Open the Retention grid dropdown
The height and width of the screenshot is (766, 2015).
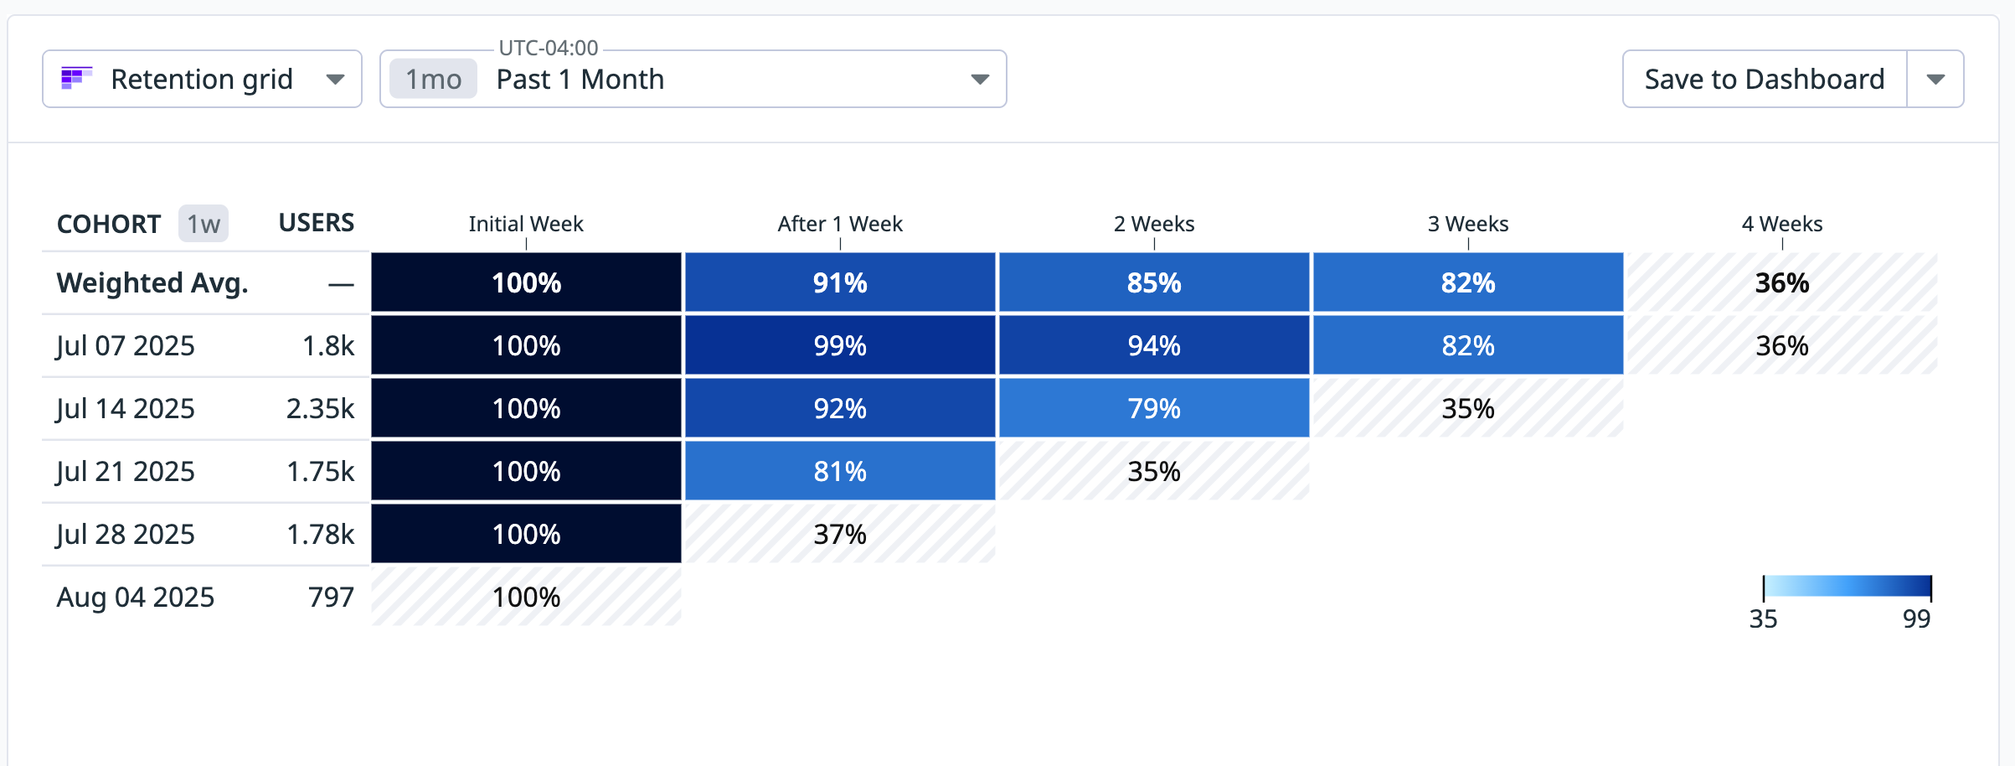(202, 79)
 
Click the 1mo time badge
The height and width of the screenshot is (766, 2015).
(433, 79)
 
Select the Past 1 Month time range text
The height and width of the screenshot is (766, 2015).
(580, 79)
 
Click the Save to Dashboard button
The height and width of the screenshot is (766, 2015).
(1764, 79)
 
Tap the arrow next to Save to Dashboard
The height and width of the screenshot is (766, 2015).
(1935, 79)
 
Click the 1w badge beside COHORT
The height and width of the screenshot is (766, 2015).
(203, 224)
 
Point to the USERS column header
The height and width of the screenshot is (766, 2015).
(316, 223)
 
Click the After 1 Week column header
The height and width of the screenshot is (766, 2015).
(839, 224)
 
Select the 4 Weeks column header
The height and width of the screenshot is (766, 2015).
(1781, 224)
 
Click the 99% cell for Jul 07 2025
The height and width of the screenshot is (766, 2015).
(839, 345)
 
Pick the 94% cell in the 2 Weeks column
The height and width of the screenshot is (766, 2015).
(1153, 345)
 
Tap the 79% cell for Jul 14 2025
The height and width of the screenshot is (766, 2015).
(1153, 408)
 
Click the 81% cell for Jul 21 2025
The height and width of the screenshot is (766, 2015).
(839, 471)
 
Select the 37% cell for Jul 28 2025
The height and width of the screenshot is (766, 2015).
(839, 534)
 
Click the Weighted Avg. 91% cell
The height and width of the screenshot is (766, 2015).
(839, 282)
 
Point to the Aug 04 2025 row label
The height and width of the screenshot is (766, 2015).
(135, 597)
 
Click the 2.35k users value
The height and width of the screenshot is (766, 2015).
(320, 408)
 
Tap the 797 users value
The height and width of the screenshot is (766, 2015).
(331, 597)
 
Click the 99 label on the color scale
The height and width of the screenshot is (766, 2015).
(1916, 618)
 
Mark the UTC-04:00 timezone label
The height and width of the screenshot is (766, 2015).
(548, 48)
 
